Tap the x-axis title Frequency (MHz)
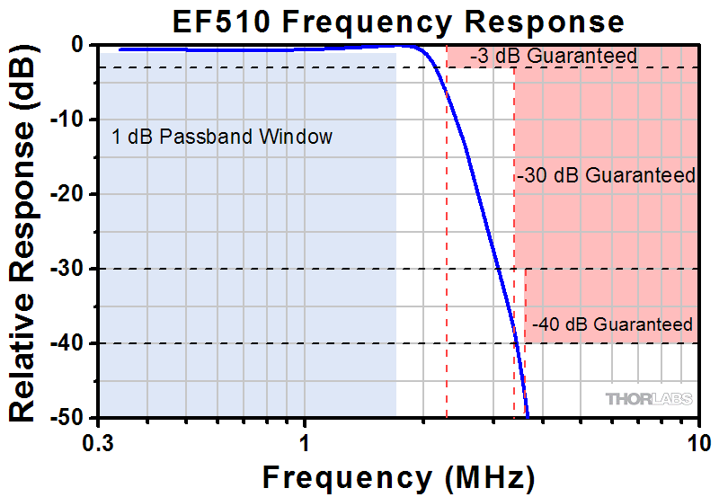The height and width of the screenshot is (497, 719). tap(398, 475)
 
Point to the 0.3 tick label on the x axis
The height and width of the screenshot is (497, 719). tap(98, 441)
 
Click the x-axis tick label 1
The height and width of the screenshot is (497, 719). tap(305, 441)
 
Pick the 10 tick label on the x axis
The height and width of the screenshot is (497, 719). tap(697, 441)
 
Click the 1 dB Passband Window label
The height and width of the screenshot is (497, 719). tap(222, 138)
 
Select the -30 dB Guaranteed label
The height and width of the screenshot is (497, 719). tap(607, 176)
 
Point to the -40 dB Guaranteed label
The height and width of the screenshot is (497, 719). tap(612, 324)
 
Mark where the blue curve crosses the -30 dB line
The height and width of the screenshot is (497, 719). tap(498, 269)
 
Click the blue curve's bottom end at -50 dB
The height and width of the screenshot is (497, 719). tap(528, 417)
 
